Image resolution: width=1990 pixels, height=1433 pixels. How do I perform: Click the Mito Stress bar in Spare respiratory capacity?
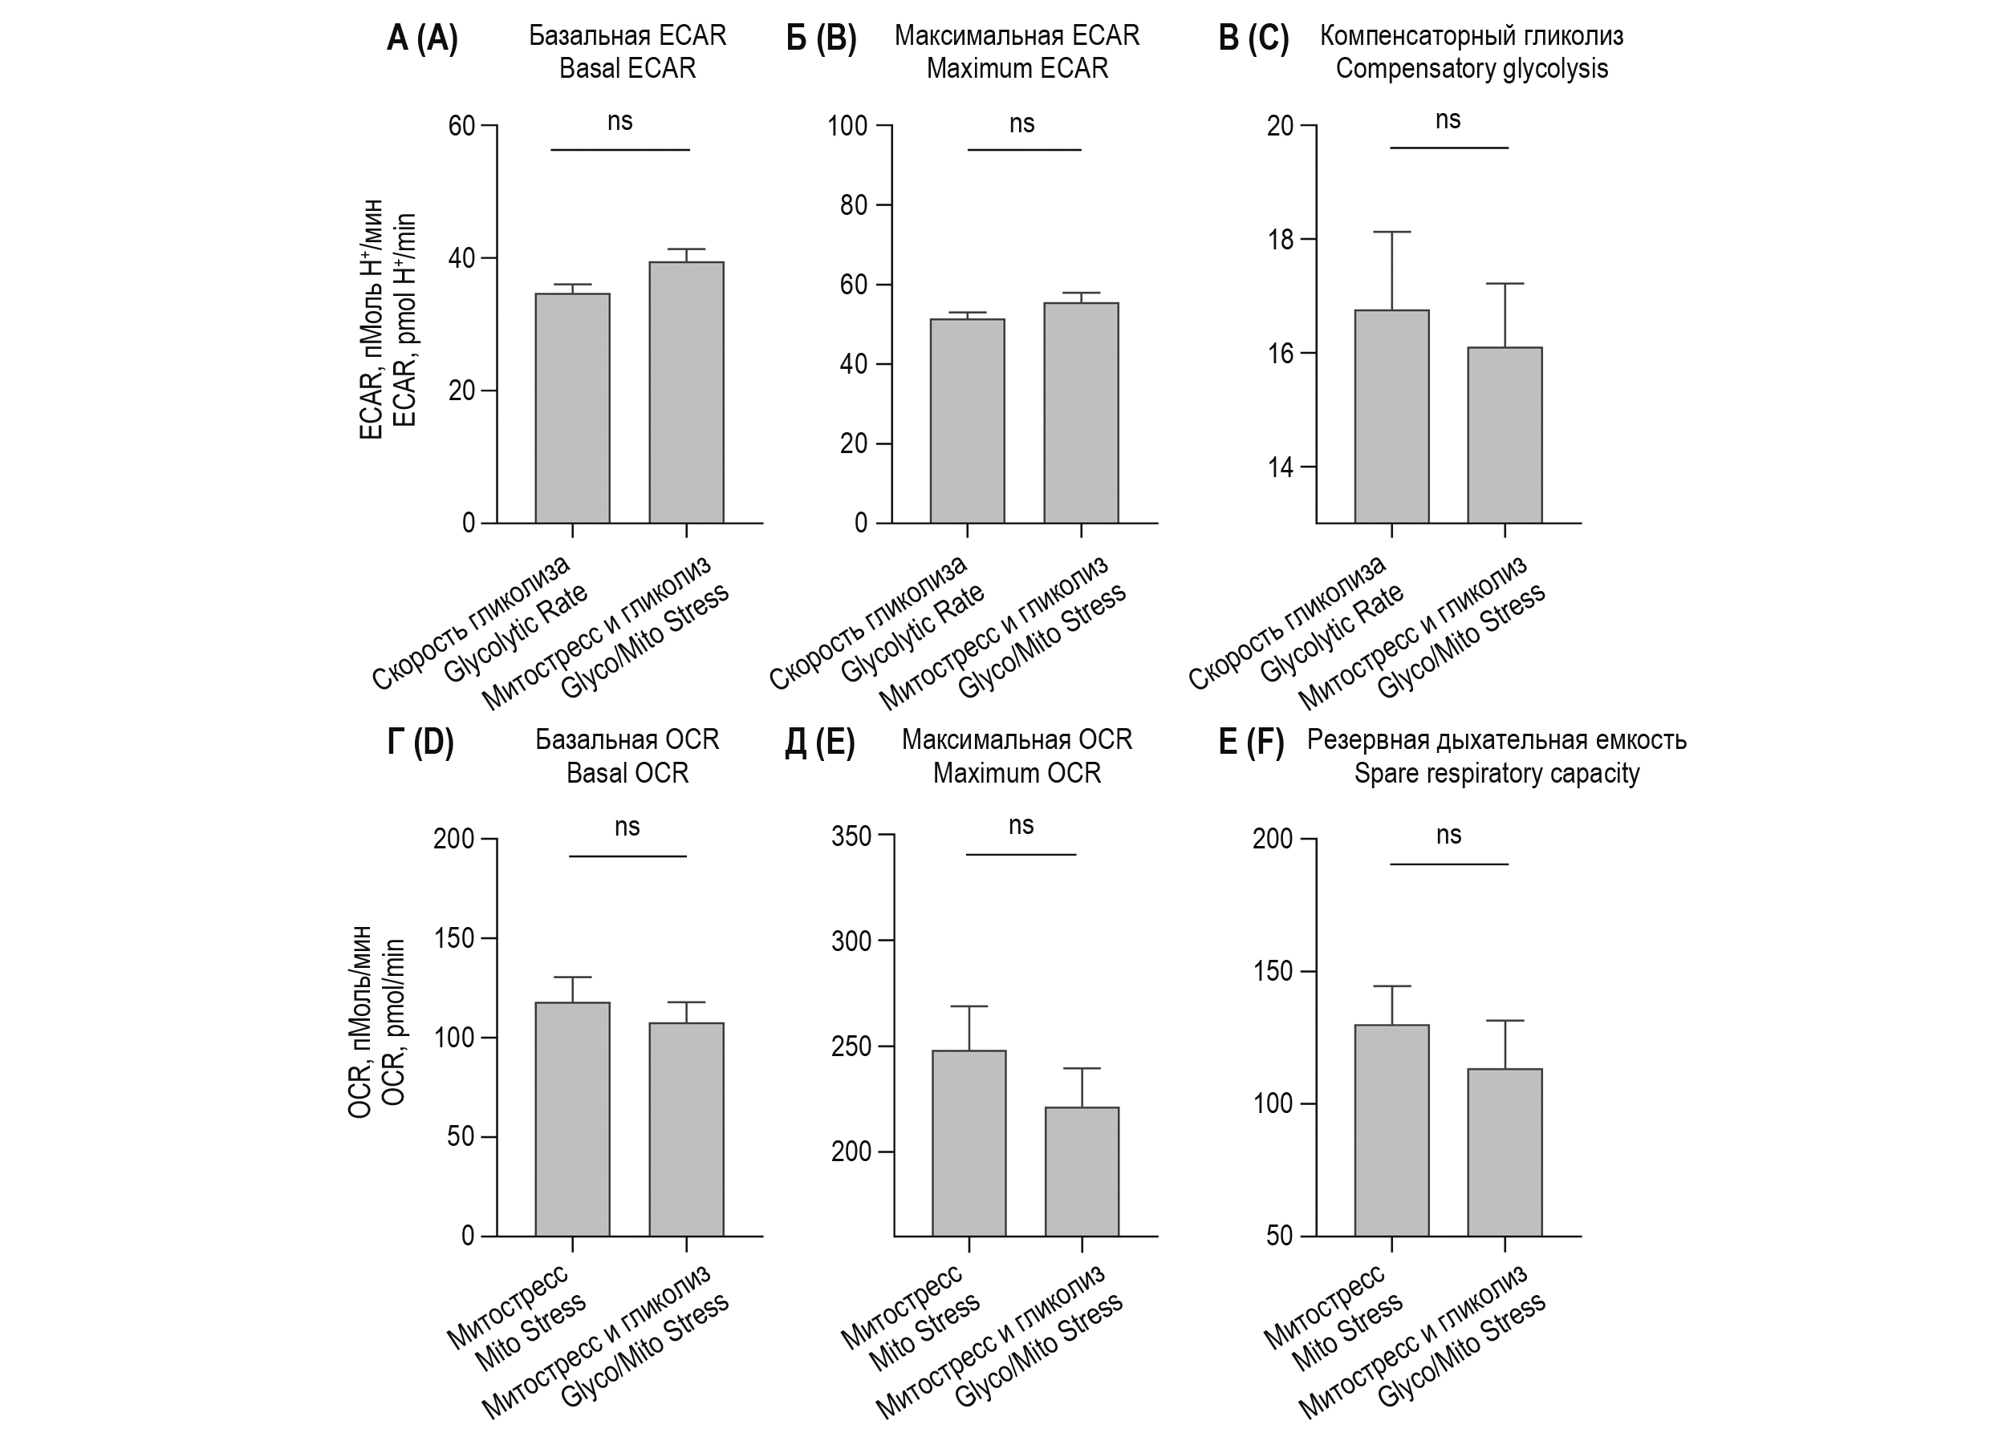point(1391,1131)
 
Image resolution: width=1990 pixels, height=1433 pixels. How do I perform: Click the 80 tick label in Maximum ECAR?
point(853,205)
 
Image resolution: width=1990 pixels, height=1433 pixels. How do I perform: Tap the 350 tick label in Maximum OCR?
point(851,836)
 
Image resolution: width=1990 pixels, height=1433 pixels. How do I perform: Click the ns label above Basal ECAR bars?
point(619,122)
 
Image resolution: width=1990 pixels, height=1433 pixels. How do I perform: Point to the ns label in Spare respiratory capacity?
point(1448,835)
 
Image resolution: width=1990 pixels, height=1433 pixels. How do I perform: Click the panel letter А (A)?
point(422,39)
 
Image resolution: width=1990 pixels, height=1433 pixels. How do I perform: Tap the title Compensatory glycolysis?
point(1472,68)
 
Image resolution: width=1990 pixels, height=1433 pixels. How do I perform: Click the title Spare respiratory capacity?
point(1496,774)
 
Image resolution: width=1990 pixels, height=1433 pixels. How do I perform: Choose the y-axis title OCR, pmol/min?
point(395,1022)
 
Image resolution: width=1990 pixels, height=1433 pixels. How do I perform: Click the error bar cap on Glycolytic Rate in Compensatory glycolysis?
point(1391,233)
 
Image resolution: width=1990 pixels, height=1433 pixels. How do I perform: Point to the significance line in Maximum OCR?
point(1021,854)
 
